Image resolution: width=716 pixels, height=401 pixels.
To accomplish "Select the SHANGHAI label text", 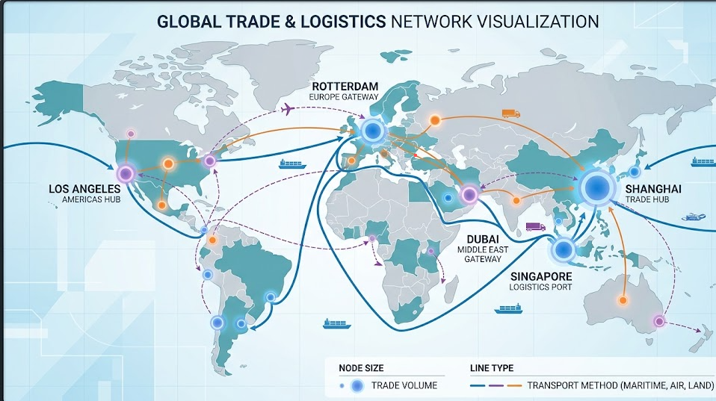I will coord(652,190).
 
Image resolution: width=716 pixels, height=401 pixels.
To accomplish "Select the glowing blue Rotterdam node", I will coord(371,132).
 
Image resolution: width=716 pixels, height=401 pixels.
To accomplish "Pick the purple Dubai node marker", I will coord(469,195).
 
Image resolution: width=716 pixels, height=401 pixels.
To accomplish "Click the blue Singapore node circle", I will coord(563,250).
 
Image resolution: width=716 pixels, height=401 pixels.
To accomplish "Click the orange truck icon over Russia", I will coord(511,114).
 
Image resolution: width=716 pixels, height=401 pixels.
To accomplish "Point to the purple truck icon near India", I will coord(535,226).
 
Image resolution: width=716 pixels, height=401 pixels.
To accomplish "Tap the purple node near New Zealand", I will coord(659,321).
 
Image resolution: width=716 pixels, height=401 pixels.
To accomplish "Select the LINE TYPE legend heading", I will coord(497,368).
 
